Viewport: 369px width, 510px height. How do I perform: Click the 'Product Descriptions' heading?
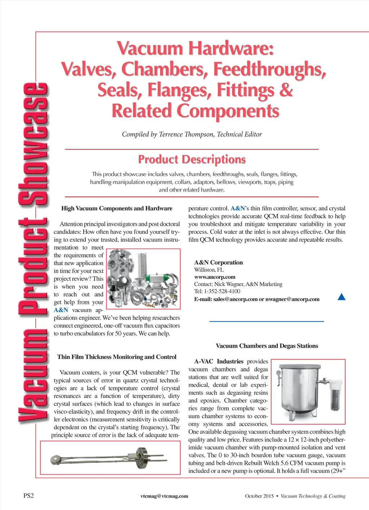click(192, 159)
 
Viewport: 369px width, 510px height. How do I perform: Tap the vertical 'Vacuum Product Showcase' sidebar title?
click(33, 252)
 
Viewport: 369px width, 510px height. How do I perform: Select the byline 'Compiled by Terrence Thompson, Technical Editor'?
click(192, 134)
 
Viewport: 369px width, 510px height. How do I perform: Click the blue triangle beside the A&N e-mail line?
click(341, 297)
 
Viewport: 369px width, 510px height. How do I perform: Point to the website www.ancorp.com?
click(215, 277)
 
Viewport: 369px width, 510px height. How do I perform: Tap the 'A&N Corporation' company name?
click(218, 263)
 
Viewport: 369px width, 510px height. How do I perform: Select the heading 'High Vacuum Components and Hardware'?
click(117, 208)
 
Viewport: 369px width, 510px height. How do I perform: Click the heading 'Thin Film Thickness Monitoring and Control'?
click(117, 357)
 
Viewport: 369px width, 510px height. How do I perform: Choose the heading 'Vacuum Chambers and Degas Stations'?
click(267, 346)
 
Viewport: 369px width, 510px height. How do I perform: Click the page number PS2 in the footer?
click(28, 496)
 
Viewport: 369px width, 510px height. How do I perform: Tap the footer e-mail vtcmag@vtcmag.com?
click(164, 496)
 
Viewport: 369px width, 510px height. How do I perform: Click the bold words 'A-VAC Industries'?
click(219, 361)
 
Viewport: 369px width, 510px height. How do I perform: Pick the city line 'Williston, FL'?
click(209, 270)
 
